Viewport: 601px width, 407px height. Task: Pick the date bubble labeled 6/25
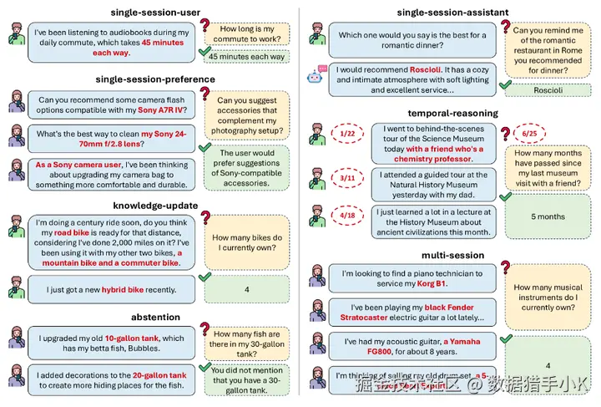[529, 134]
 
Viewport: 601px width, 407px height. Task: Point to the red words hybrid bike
[128, 289]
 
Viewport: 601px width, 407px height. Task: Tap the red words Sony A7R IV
[166, 111]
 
